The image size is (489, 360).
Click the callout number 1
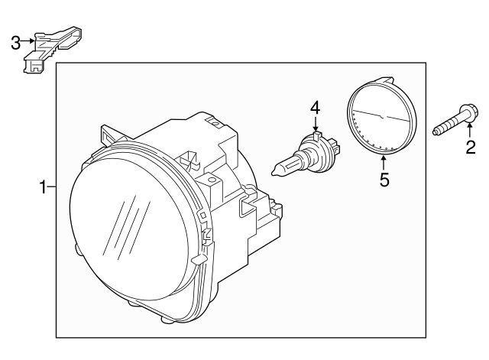click(x=44, y=186)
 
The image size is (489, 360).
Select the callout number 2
click(x=471, y=148)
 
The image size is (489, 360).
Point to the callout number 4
click(x=315, y=108)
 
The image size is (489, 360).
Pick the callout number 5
click(x=384, y=180)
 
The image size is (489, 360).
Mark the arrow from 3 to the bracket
click(x=29, y=41)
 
